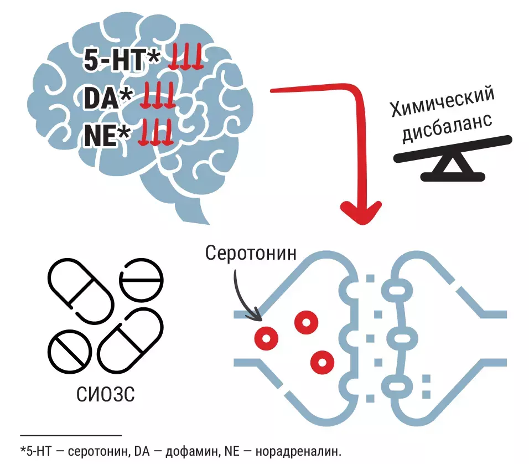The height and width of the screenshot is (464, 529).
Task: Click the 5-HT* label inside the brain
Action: [121, 60]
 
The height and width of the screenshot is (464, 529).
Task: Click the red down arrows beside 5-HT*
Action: [186, 58]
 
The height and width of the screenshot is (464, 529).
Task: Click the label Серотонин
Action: [251, 253]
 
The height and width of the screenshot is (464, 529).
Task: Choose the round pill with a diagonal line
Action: [70, 352]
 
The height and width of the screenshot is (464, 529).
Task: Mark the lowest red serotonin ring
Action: [321, 361]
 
